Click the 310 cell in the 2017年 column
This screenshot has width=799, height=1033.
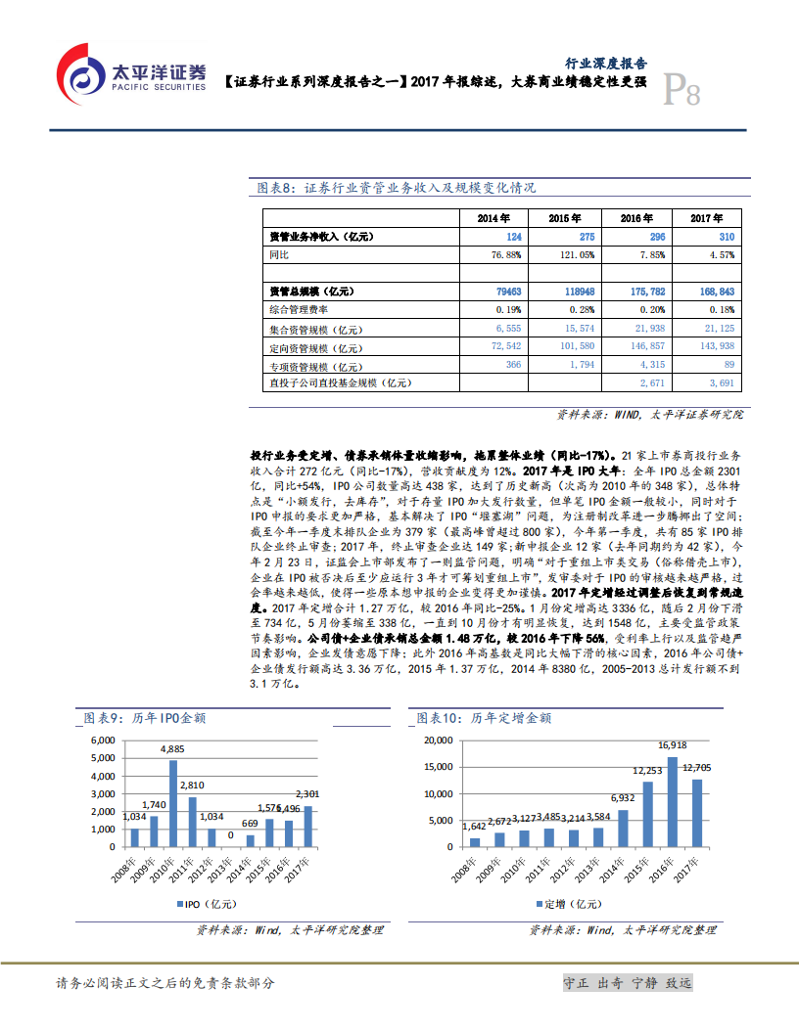tap(725, 237)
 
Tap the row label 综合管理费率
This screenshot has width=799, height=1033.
tap(299, 310)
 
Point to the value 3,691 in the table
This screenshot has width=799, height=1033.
tap(720, 382)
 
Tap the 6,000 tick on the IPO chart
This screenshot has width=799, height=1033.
tap(100, 741)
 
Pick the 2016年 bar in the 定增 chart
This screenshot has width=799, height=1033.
tap(673, 801)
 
